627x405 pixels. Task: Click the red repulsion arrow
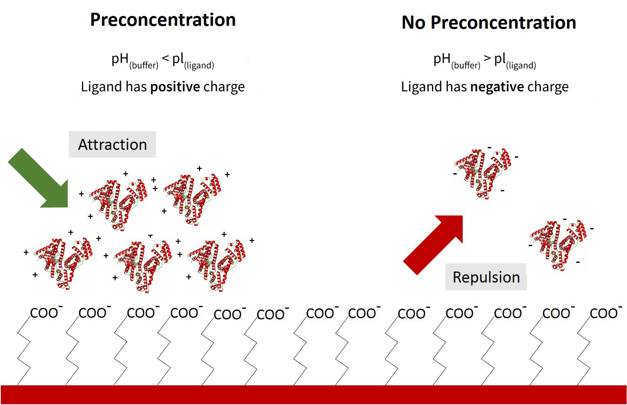(x=434, y=244)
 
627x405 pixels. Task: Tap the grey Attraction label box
(x=112, y=145)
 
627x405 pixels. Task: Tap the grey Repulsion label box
(x=486, y=277)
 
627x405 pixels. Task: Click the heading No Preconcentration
(x=488, y=23)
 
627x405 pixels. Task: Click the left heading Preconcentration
(x=163, y=20)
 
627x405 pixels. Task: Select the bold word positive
(x=175, y=87)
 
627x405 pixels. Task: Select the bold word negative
(x=497, y=87)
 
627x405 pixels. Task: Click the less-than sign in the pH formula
(x=165, y=59)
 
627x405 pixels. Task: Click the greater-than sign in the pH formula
(x=487, y=59)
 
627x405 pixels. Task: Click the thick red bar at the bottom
(x=313, y=394)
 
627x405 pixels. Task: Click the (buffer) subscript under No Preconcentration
(x=466, y=66)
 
